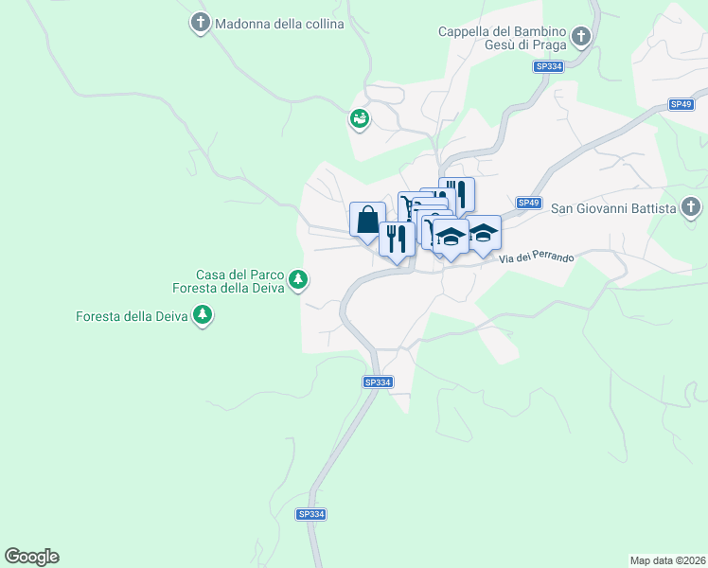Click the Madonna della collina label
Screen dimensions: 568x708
click(x=279, y=24)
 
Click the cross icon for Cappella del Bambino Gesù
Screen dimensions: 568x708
click(x=581, y=38)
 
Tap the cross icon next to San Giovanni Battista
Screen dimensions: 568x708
click(x=692, y=207)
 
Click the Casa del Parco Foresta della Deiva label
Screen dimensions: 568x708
click(x=240, y=281)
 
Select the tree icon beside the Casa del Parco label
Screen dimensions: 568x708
click(x=299, y=278)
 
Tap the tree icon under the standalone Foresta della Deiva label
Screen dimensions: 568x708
click(x=202, y=314)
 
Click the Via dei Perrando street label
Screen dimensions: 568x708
click(x=537, y=257)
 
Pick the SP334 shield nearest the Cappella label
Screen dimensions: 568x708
click(x=549, y=66)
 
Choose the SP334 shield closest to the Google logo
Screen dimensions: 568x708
click(x=310, y=514)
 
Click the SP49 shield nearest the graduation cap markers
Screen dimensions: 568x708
click(x=528, y=203)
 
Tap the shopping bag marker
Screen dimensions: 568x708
click(x=367, y=220)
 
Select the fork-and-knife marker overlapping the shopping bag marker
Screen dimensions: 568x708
click(x=397, y=238)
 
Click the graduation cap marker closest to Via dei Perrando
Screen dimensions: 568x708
click(x=484, y=235)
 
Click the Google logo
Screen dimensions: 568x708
click(x=31, y=557)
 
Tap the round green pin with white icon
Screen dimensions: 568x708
click(x=360, y=119)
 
